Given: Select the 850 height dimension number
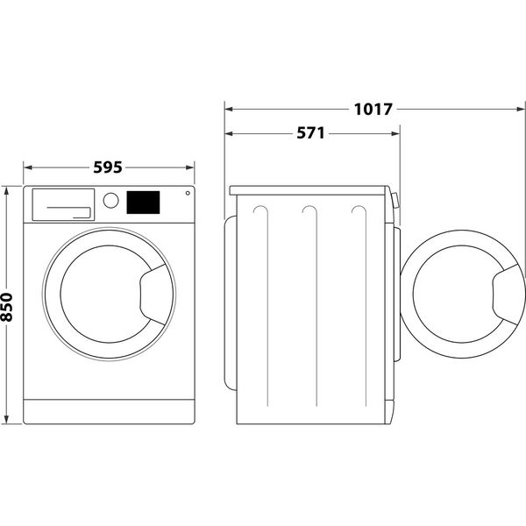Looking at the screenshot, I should coord(8,304).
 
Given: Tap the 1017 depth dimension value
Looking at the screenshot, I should coord(373,110).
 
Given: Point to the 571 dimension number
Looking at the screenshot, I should coord(310,134).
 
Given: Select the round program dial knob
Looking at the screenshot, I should coord(110,200).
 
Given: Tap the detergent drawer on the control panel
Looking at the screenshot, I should coord(62,203).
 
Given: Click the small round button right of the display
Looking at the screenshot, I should coord(186,195).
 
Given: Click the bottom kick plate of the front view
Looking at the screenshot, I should coord(107,411).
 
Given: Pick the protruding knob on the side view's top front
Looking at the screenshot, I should coord(394,201).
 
